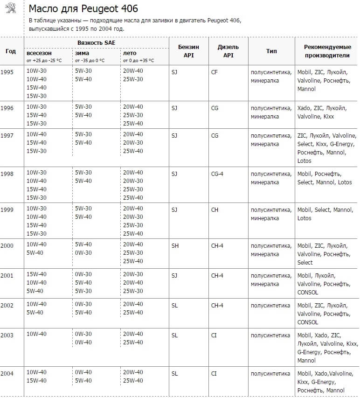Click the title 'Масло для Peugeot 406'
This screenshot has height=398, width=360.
coord(83,9)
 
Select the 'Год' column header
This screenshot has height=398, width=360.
coord(11,51)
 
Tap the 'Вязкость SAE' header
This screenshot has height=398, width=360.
coord(97,42)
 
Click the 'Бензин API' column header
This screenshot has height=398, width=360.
coord(188,51)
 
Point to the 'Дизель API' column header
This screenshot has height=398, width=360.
coord(228,51)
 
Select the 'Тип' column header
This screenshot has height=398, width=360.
coord(271,51)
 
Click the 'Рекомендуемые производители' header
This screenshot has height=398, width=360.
coord(327,51)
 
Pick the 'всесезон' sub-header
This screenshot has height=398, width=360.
coord(39,53)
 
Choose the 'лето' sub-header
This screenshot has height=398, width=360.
coord(130,53)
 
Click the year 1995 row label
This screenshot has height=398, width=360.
coord(7,72)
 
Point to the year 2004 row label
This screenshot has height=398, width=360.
coord(7,373)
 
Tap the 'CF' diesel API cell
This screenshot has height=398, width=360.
coord(215,72)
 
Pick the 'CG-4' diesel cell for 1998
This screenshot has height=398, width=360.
coord(217,174)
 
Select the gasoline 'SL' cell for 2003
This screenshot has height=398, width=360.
coord(175,335)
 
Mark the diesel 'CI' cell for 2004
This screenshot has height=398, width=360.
coord(214,373)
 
